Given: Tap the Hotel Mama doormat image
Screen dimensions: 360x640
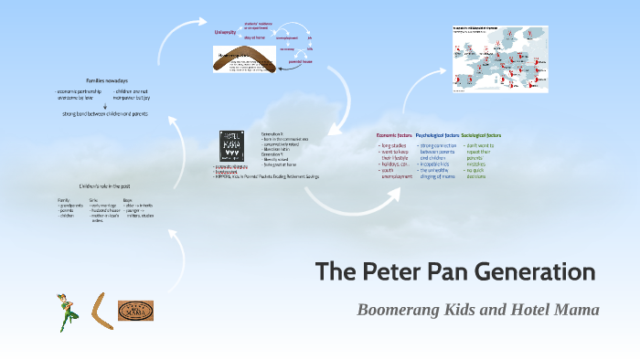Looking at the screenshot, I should pyautogui.click(x=135, y=311).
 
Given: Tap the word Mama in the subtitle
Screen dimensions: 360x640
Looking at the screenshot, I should pyautogui.click(x=576, y=310).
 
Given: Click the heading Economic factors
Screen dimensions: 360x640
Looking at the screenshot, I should pyautogui.click(x=394, y=134).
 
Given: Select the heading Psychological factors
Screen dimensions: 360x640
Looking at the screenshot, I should pyautogui.click(x=437, y=134).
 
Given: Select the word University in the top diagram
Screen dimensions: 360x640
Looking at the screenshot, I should pyautogui.click(x=225, y=32).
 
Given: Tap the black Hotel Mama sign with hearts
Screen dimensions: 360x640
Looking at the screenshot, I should pyautogui.click(x=231, y=145).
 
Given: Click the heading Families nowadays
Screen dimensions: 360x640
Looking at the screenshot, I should pyautogui.click(x=107, y=80).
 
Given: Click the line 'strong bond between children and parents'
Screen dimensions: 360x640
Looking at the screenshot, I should pyautogui.click(x=105, y=113).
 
